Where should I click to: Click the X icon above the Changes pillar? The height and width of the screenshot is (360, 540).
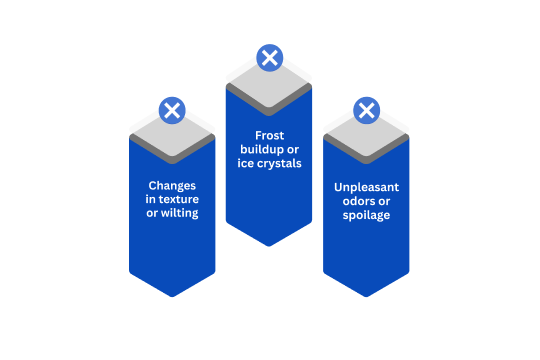click(x=172, y=110)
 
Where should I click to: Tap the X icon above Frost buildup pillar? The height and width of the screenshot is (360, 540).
click(x=268, y=58)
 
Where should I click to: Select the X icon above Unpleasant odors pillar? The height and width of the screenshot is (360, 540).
click(x=366, y=110)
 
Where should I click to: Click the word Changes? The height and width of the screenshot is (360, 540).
click(x=172, y=185)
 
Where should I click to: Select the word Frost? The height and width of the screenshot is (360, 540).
click(x=268, y=135)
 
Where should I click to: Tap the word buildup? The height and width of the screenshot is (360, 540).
click(x=258, y=149)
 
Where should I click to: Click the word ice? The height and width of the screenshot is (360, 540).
click(x=245, y=163)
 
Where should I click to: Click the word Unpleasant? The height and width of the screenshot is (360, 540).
click(x=366, y=187)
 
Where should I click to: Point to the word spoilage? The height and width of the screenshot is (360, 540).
click(x=366, y=215)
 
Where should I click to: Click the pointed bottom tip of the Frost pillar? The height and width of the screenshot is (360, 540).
click(x=268, y=244)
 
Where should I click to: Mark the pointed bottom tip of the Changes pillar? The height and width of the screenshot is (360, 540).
click(x=172, y=295)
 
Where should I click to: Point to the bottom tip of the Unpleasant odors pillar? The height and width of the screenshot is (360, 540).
click(x=366, y=295)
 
